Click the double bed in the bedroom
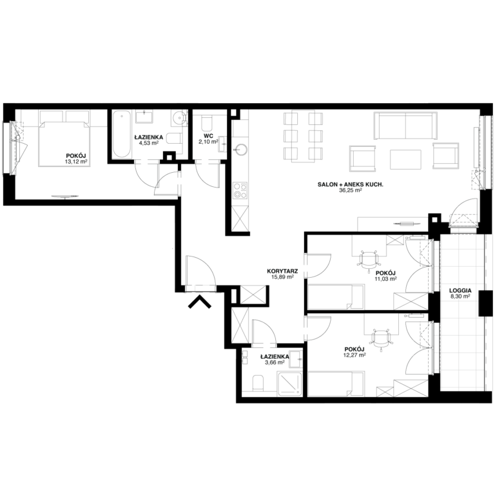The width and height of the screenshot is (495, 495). [64, 143]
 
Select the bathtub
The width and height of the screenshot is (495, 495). [122, 135]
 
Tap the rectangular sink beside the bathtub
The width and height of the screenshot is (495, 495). [144, 117]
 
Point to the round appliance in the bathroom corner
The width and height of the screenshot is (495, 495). [179, 118]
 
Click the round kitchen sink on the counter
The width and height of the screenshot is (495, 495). [241, 150]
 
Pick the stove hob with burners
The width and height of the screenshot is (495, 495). [240, 190]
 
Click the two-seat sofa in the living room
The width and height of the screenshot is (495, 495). [405, 126]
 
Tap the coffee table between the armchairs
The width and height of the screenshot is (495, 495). [405, 159]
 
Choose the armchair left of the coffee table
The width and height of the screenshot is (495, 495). [362, 158]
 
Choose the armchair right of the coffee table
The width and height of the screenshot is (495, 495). [446, 156]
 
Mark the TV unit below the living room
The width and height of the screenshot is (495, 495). [393, 224]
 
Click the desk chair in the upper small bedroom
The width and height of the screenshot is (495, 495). [368, 261]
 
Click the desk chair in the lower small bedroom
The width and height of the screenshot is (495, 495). [382, 338]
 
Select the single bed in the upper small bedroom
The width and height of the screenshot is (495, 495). [336, 297]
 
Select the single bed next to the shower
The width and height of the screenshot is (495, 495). [336, 384]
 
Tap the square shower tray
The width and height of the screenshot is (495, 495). [290, 383]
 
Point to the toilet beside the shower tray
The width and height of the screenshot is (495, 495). [258, 383]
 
